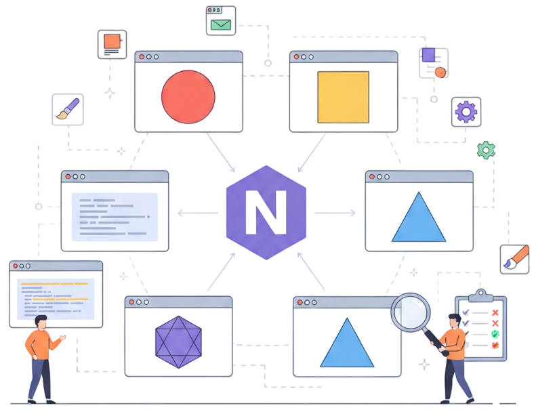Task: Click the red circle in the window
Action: pos(188,97)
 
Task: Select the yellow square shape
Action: pos(344,97)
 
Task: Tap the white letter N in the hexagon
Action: pos(266,213)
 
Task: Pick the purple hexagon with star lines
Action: pos(178,342)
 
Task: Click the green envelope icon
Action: pos(221,25)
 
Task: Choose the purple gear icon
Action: pos(466,112)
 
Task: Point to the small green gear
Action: pos(486,150)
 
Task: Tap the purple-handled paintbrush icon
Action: pos(68,109)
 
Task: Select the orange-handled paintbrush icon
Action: pos(516,258)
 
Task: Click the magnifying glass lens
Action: pos(411,312)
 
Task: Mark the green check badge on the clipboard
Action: pos(495,334)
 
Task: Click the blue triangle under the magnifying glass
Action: pos(347,342)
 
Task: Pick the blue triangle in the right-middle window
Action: pos(419,217)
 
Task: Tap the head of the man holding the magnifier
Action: pos(454,320)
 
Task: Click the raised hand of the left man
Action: pos(62,337)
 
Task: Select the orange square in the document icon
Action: pos(112,41)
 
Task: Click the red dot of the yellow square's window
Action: pos(296,57)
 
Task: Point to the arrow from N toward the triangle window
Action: pos(335,213)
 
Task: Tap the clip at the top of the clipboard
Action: pos(480,295)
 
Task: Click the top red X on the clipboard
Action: pos(495,312)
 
